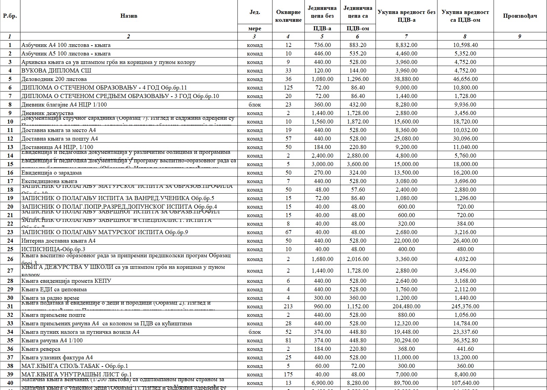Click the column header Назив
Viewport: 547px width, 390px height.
(129, 16)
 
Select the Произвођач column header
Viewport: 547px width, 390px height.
(520, 16)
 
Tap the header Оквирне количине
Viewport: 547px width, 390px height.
(288, 16)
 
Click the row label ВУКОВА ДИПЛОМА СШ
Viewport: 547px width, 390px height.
(56, 70)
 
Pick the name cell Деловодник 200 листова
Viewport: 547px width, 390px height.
(54, 79)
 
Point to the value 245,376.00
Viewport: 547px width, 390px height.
(465, 306)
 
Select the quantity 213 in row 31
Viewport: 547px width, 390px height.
(288, 306)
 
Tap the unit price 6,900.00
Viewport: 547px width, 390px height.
(322, 383)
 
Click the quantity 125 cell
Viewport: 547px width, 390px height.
(288, 87)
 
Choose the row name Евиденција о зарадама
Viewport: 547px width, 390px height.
(51, 173)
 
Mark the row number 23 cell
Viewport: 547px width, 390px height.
(10, 232)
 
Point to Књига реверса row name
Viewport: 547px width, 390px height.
(41, 349)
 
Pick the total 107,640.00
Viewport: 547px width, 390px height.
(465, 383)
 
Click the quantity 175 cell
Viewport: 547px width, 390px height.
(288, 374)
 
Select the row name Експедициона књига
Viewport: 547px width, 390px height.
(49, 181)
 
